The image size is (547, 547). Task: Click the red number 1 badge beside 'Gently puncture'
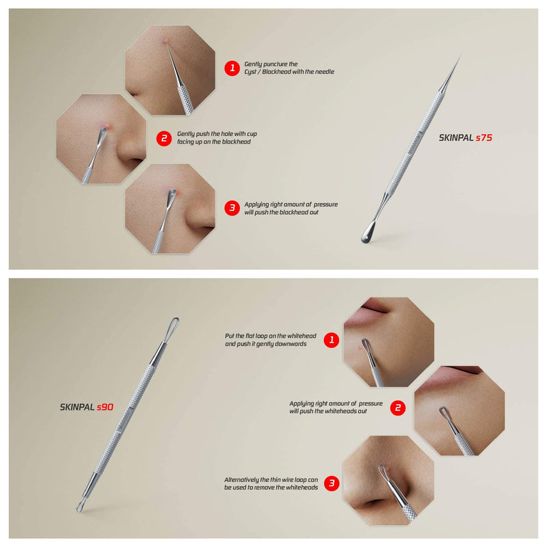pos(232,68)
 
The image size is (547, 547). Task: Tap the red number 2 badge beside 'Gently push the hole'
pos(164,139)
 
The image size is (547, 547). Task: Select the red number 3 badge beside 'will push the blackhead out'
pos(232,208)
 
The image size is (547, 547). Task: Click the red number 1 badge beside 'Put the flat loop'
pos(332,340)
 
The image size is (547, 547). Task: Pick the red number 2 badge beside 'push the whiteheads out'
pos(398,408)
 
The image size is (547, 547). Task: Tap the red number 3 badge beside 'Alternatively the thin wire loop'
pos(332,483)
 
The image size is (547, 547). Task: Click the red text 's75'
pos(484,138)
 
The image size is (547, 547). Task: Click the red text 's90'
pos(105,407)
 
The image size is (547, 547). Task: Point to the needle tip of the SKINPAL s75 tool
pos(462,53)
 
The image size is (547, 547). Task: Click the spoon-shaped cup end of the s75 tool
pos(368,233)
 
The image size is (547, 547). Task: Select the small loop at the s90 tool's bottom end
pos(80,506)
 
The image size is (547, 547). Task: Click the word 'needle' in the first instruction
pos(324,72)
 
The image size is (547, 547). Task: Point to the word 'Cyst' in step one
pos(250,72)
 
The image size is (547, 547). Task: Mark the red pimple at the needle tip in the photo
pos(165,42)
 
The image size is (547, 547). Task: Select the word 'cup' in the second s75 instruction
pos(252,134)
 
